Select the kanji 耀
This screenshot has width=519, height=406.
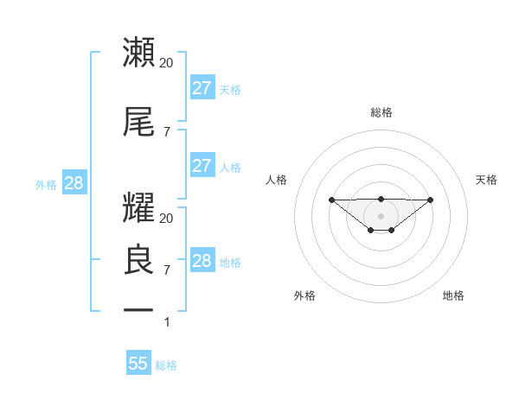coord(139,208)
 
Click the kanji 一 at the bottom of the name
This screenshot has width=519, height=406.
coord(139,309)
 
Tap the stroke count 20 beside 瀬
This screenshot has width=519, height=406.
coord(166,63)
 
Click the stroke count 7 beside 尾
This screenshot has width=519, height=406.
coord(166,132)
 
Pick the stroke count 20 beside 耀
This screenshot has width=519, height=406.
coord(166,219)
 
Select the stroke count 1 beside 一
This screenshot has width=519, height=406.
coord(168,322)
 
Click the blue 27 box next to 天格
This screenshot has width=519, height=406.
coord(202,87)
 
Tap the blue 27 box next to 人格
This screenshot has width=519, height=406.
coord(202,166)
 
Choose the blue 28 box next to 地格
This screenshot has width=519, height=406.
coord(202,261)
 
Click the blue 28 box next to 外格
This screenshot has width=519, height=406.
coord(74,183)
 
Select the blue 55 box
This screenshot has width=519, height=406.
coord(138,364)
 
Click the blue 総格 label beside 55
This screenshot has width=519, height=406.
coord(166,365)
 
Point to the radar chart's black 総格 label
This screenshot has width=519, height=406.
coord(381,112)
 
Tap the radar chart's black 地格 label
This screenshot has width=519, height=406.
coord(453,295)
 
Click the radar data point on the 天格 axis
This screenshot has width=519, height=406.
coord(431,200)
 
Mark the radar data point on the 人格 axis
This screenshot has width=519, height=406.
coord(331,200)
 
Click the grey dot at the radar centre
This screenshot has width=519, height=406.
coord(381,215)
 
